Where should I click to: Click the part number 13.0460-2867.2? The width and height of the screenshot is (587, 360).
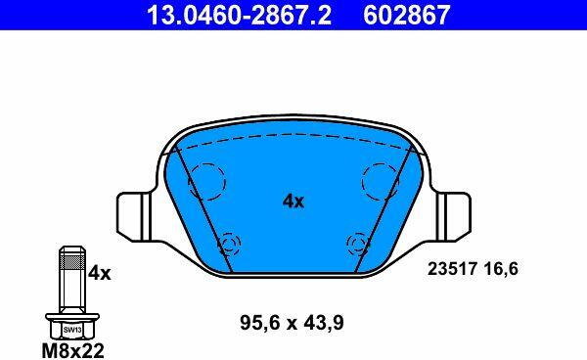click(x=239, y=15)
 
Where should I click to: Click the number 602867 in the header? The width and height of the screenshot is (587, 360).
click(x=407, y=15)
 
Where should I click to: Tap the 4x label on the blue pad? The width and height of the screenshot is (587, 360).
click(x=293, y=202)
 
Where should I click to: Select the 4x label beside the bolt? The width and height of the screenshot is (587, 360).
click(x=99, y=274)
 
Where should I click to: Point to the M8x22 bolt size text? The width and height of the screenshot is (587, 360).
click(x=72, y=350)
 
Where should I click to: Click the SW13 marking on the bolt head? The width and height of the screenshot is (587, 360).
click(x=72, y=330)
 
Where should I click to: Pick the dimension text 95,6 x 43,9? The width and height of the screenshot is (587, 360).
click(x=292, y=323)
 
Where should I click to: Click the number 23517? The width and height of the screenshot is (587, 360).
click(x=452, y=269)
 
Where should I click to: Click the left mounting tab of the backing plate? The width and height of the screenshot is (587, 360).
click(x=135, y=216)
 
